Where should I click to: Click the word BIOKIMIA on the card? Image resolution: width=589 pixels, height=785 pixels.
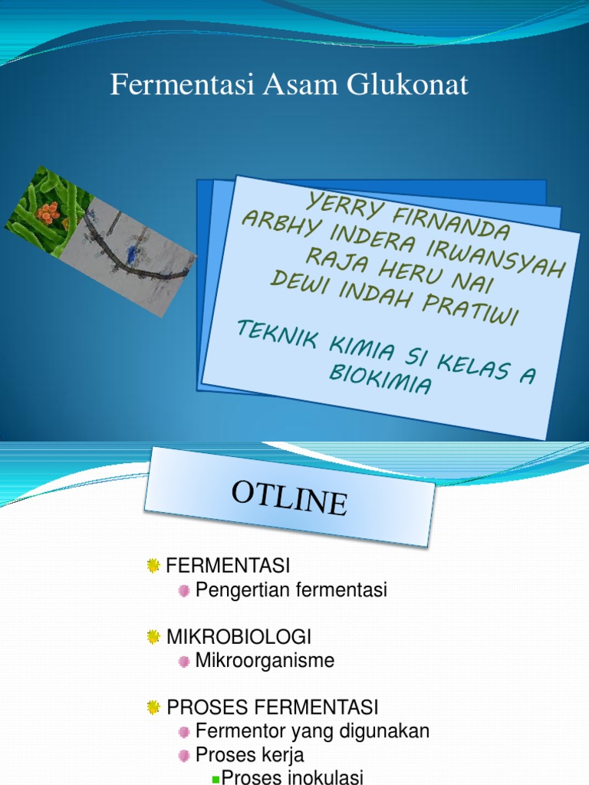[x=380, y=379]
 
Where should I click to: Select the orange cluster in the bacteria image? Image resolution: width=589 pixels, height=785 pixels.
[x=48, y=212]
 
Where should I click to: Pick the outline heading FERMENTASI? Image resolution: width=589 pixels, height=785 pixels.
[x=228, y=567]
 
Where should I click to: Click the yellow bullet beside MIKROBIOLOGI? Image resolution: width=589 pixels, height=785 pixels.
[x=153, y=637]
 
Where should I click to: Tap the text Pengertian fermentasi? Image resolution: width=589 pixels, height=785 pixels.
[x=291, y=590]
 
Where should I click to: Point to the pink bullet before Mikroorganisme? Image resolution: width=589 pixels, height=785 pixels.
[x=184, y=661]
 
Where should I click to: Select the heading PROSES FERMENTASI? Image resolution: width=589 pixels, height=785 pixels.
[x=272, y=707]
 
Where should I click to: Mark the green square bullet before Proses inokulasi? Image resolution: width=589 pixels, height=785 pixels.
[x=216, y=779]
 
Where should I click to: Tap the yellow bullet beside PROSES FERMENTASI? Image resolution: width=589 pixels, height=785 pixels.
[x=153, y=707]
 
